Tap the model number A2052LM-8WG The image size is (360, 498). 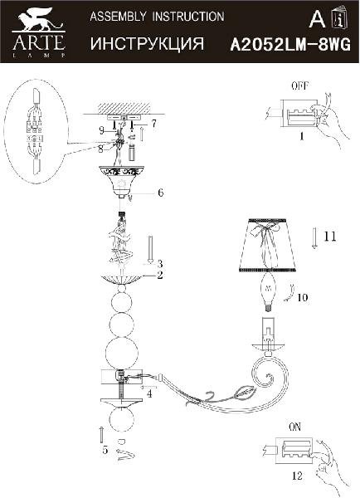pos(290,45)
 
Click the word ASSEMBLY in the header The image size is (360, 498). pos(118,17)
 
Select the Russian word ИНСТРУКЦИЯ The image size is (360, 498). pos(147,43)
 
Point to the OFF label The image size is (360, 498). pos(300,86)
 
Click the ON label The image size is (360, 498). pos(295,427)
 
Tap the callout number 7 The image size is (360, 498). pos(153,123)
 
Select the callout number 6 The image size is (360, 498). pos(161,193)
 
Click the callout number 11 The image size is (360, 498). pos(329,237)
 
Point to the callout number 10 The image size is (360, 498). pos(303,298)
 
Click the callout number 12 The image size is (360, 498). pos(297,476)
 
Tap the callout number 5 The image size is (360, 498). pos(105,450)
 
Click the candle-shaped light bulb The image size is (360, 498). pos(268,291)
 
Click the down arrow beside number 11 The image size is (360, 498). pos(314,238)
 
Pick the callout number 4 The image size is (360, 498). pos(149,393)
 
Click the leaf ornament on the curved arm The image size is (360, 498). pos(244,393)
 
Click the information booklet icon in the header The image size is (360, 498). pos(340,18)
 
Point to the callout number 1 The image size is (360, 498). pos(302,136)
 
